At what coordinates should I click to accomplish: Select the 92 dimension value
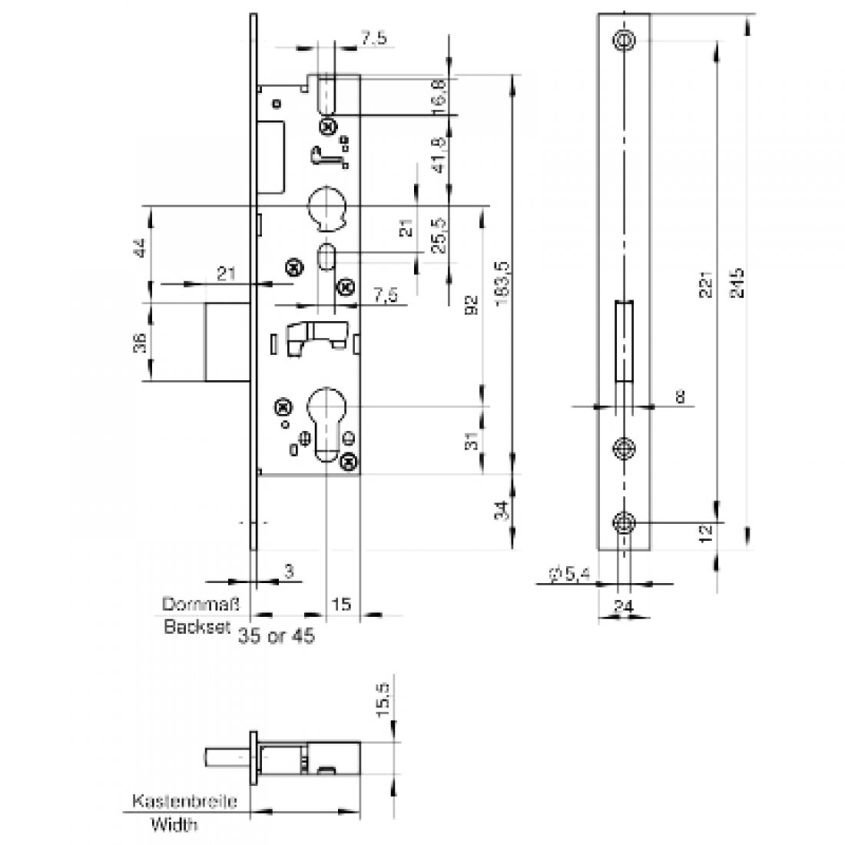(474, 305)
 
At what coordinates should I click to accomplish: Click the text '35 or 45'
(277, 637)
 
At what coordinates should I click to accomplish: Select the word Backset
(197, 627)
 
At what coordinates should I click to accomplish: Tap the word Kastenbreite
(184, 802)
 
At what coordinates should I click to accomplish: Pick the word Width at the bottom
(173, 825)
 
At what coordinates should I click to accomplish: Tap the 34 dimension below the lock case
(500, 509)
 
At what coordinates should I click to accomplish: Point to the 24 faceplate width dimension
(624, 606)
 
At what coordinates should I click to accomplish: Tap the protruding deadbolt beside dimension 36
(227, 342)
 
